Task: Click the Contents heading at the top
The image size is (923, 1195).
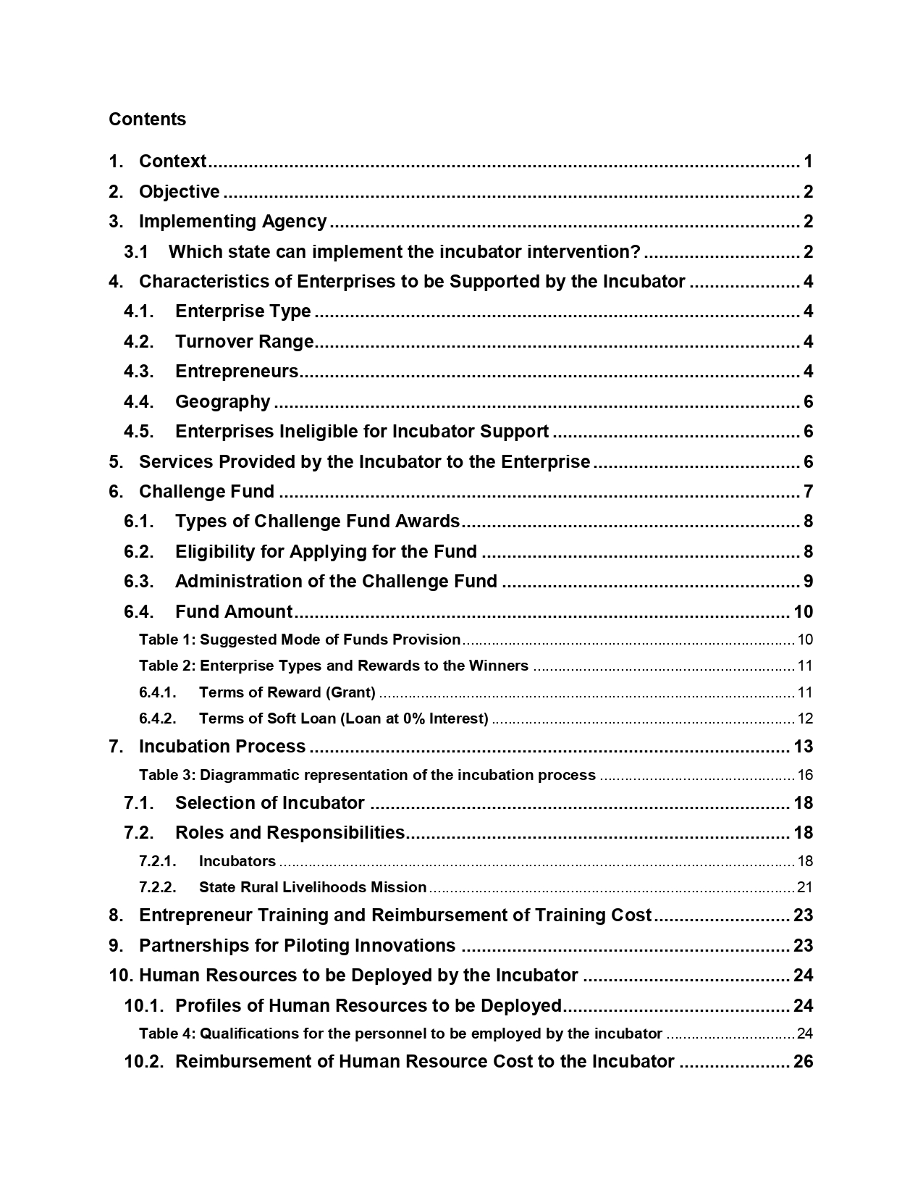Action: click(x=147, y=119)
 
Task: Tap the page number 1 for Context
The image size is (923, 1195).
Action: click(x=808, y=162)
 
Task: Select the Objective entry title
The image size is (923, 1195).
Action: click(x=179, y=192)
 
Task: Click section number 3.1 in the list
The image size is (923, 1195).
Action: click(x=136, y=252)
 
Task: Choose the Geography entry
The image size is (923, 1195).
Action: click(x=222, y=402)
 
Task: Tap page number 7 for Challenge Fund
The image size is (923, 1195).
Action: click(x=808, y=492)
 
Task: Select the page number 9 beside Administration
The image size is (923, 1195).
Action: click(x=808, y=582)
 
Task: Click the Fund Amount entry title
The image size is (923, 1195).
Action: click(x=233, y=612)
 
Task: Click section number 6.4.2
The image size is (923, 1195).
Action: click(x=158, y=718)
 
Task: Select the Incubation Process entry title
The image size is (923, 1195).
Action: click(x=222, y=747)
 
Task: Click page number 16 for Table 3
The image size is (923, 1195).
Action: click(x=805, y=775)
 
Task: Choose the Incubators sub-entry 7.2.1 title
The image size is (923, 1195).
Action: click(x=237, y=861)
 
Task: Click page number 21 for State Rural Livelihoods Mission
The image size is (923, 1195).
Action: click(x=805, y=887)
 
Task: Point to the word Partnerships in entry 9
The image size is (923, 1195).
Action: click(x=190, y=946)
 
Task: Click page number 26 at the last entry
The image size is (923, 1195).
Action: click(x=803, y=1062)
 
